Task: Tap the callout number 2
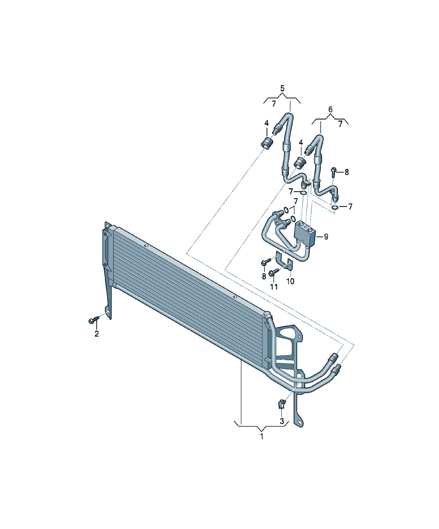pos(97,334)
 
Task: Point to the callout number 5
pos(282,88)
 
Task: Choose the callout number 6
pos(331,110)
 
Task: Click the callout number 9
pos(326,237)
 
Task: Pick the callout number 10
pos(290,281)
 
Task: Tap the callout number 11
pos(274,287)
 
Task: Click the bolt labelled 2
pos(94,320)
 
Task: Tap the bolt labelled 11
pos(274,272)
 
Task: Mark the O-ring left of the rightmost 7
pos(335,207)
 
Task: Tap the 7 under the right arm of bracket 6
pos(341,124)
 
